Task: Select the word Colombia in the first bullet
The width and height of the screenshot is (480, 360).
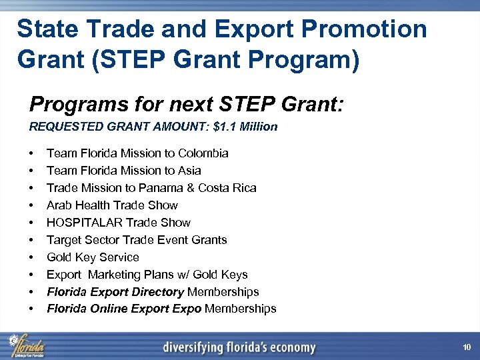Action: tap(202, 153)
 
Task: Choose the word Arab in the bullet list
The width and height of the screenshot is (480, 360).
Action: tap(59, 205)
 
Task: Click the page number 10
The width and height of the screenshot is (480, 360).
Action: tap(467, 347)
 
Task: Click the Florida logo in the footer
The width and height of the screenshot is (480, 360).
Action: tap(27, 345)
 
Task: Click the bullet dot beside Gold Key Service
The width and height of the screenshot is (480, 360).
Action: tap(32, 257)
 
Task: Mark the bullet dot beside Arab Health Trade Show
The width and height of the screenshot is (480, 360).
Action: tap(32, 205)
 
